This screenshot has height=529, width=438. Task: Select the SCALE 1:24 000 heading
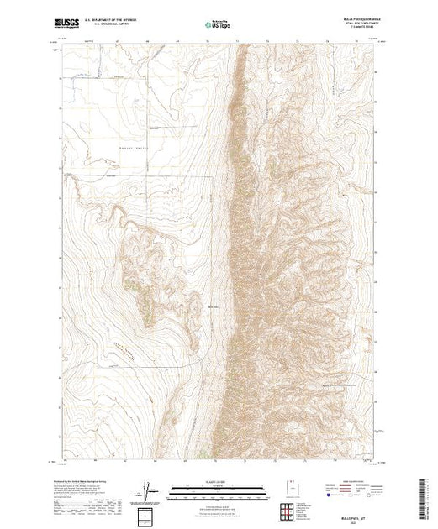point(219,481)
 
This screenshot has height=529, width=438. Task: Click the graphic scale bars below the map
point(219,491)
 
